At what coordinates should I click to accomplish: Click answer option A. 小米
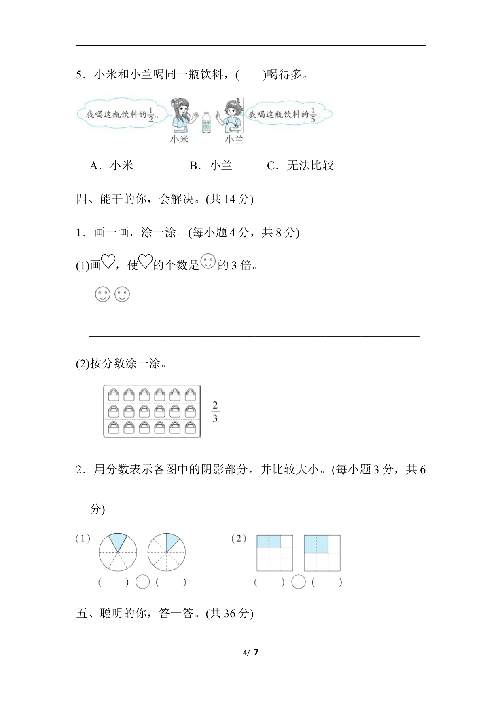point(112,165)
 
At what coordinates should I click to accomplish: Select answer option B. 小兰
point(211,165)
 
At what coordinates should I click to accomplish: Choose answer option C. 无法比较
point(301,165)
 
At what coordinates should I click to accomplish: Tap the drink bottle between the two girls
point(206,122)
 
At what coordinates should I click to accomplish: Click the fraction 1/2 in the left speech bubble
point(150,115)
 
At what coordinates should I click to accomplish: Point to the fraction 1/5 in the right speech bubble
point(313,115)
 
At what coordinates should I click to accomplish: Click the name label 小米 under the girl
point(179,139)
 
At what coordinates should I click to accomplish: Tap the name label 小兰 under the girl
point(234,139)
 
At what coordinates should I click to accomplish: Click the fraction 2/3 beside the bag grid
point(215,411)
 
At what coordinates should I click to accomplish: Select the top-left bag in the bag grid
point(114,395)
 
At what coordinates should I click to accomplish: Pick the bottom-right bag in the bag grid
point(190,428)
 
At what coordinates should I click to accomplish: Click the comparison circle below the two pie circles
point(142,582)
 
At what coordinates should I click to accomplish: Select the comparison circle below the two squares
point(299,582)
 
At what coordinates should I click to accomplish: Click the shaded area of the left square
point(269,541)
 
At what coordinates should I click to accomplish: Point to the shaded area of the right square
point(316,544)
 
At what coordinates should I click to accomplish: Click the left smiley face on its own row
point(102,294)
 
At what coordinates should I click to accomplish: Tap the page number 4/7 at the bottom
point(251,652)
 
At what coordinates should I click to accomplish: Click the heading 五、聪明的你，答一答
point(165,613)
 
